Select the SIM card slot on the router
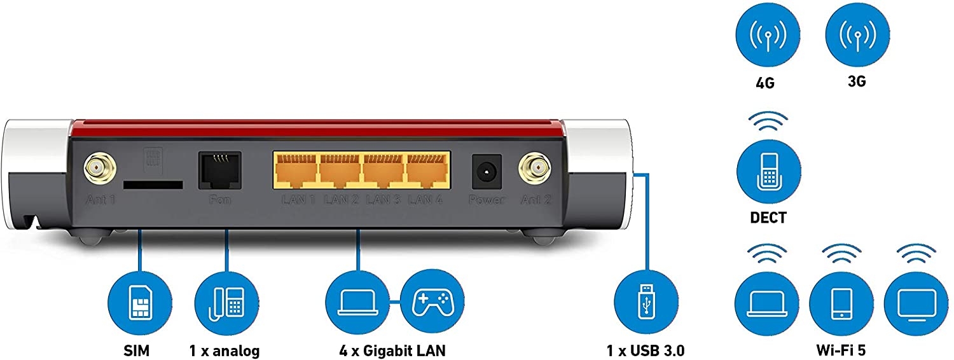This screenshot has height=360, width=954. (153, 184)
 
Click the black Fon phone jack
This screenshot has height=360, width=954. (219, 170)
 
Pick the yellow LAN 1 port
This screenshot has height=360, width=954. (296, 170)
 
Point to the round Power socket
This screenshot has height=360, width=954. (487, 170)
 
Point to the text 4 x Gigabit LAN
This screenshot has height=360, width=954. (392, 350)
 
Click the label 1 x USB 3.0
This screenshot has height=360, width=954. (646, 350)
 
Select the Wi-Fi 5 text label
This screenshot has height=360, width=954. (841, 350)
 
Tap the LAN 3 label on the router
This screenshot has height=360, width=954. (384, 200)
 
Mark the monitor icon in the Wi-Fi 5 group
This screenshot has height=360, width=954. (916, 303)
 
